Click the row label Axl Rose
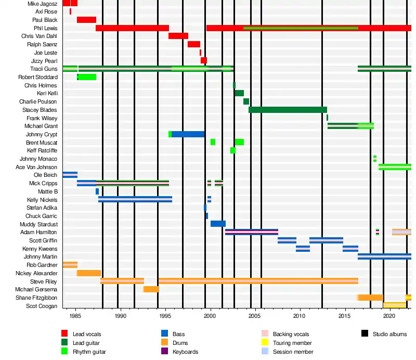tap(46, 11)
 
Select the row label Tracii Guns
tap(44, 69)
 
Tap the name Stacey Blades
tap(40, 110)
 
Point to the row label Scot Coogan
tap(42, 306)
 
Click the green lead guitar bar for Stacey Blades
tap(288, 110)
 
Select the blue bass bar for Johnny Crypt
tap(188, 134)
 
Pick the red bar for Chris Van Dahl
tap(178, 36)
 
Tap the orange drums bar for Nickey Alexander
tap(89, 273)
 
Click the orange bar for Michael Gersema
tap(151, 289)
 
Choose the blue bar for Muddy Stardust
tap(218, 224)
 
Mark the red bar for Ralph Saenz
tap(194, 44)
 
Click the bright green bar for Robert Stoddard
tap(87, 77)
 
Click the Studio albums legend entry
tap(389, 334)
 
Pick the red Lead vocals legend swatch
tap(64, 334)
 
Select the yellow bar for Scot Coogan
tap(394, 305)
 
